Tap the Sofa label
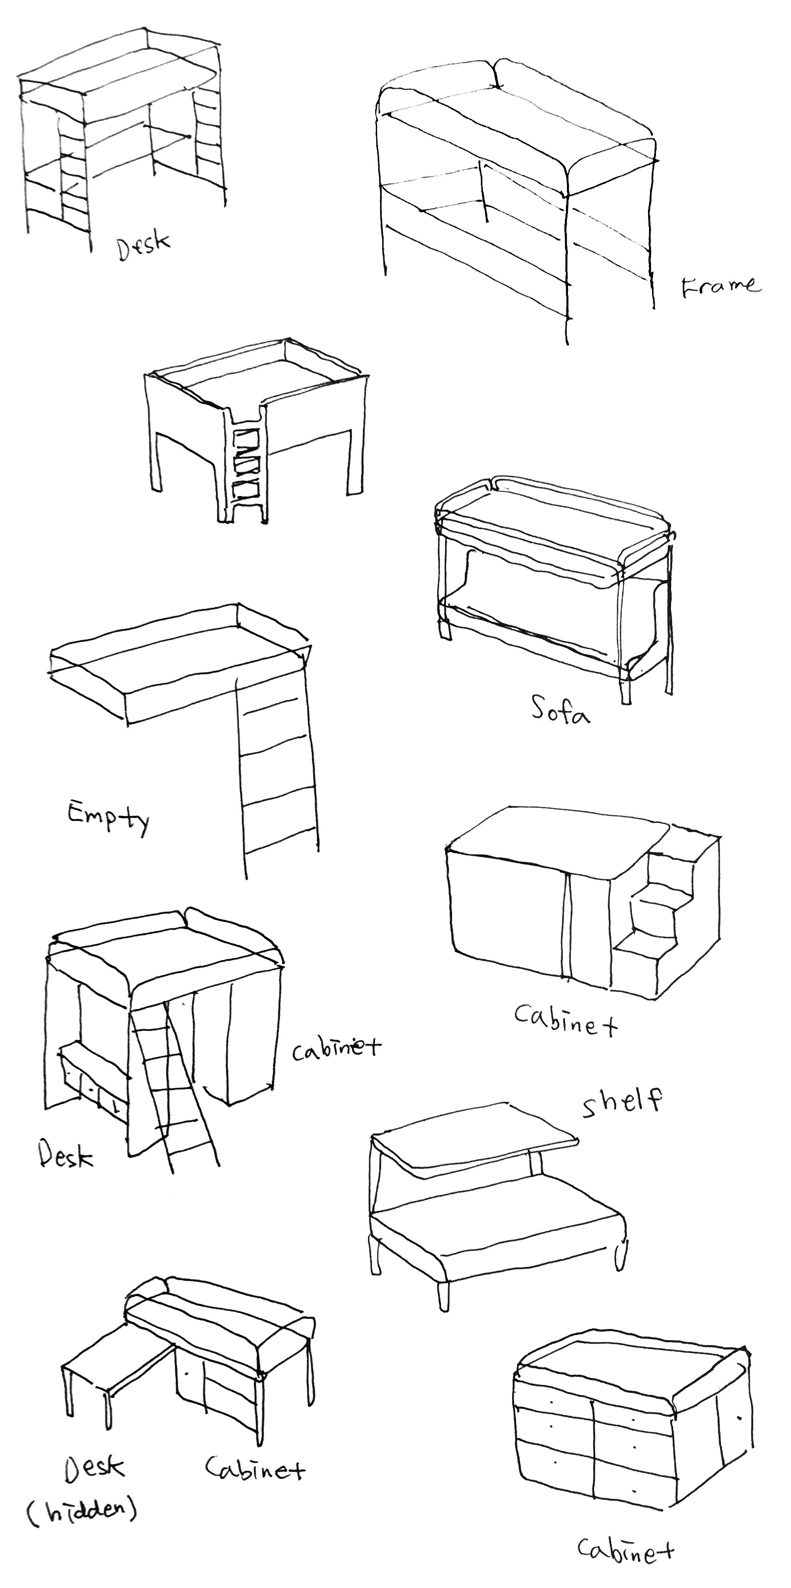click(560, 710)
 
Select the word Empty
click(108, 817)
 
